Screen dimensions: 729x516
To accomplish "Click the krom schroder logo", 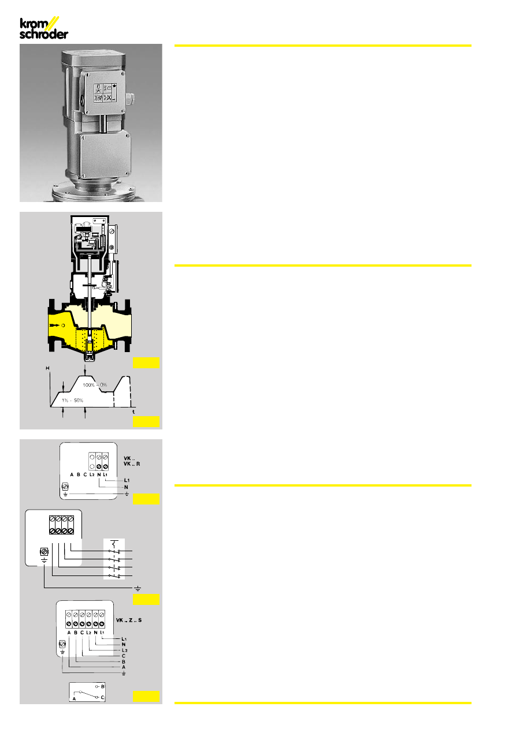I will [44, 28].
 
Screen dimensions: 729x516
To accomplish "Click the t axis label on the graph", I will [133, 412].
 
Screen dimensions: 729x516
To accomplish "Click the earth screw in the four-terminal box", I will [44, 552].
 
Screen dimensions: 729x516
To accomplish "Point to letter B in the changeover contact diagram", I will [102, 687].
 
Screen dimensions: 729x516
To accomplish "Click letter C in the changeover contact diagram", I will [102, 697].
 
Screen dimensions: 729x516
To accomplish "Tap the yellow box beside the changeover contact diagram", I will [145, 696].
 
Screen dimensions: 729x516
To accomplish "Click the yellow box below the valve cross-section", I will [145, 362].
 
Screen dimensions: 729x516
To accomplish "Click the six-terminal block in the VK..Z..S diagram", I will [86, 619].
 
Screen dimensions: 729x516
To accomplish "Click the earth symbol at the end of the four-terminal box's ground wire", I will [138, 588].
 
